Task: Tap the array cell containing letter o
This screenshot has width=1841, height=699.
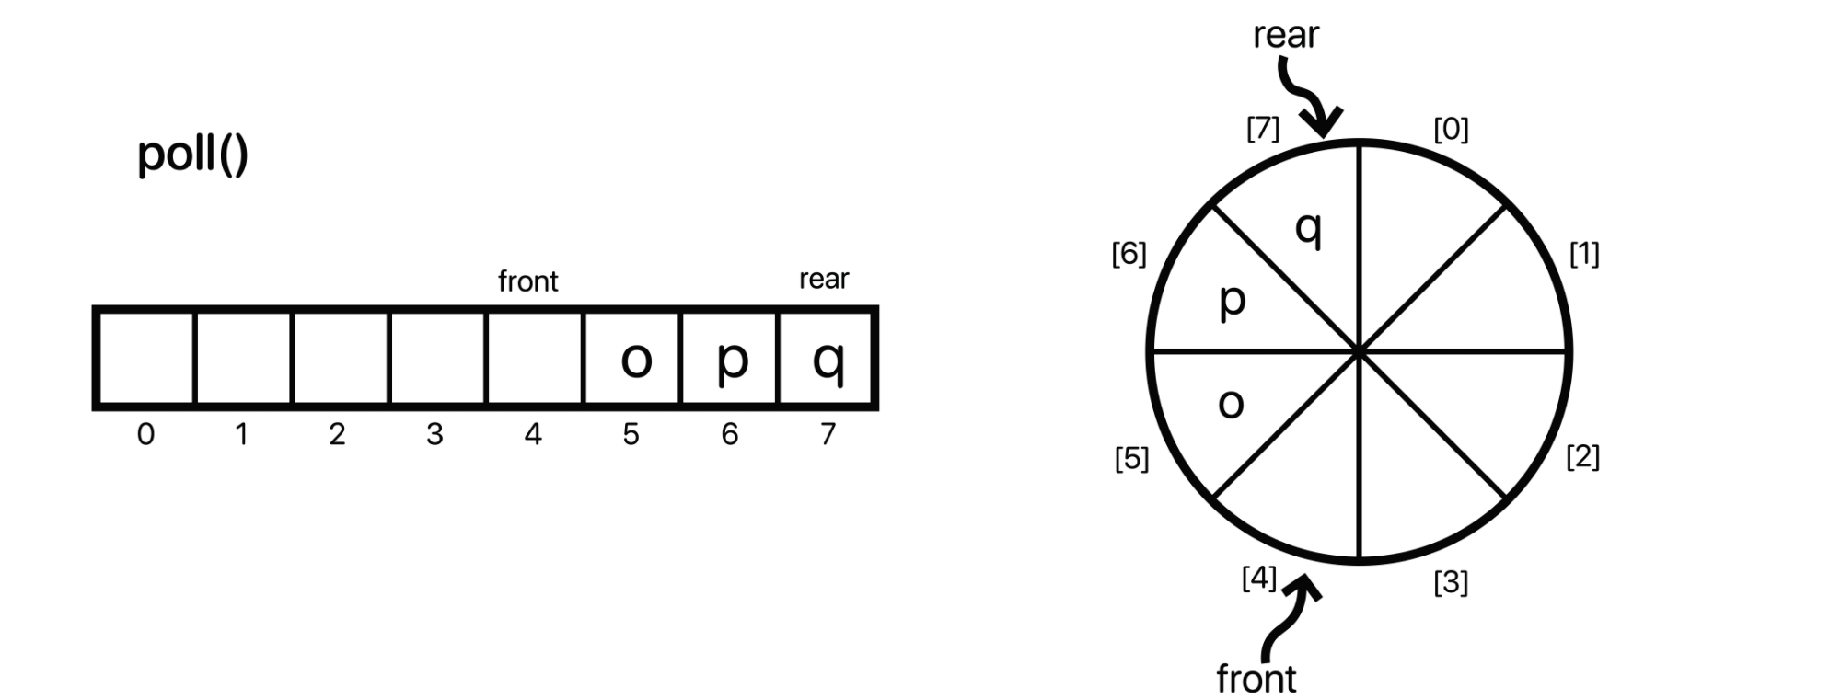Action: [x=634, y=359]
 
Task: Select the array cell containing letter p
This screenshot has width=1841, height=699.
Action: [x=731, y=359]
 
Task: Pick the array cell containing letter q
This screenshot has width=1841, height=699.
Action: [x=828, y=359]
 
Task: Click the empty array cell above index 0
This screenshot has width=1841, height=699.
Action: [x=145, y=359]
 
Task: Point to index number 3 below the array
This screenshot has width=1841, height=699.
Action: [x=434, y=433]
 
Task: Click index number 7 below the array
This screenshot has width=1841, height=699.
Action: [x=828, y=433]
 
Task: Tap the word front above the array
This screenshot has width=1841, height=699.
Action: [x=527, y=281]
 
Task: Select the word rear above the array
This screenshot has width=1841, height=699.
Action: [x=823, y=279]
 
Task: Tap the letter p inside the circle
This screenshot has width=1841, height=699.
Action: [x=1232, y=300]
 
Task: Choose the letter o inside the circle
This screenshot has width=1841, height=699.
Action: [x=1231, y=404]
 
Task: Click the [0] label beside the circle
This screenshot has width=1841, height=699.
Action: [x=1451, y=130]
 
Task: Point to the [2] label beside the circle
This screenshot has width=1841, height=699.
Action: [x=1582, y=456]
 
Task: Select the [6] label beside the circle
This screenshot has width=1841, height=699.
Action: [x=1129, y=254]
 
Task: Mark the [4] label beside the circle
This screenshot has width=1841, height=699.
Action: [x=1258, y=579]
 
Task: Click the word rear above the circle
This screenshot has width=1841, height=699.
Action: [x=1285, y=36]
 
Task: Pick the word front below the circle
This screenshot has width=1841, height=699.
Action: [x=1256, y=679]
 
